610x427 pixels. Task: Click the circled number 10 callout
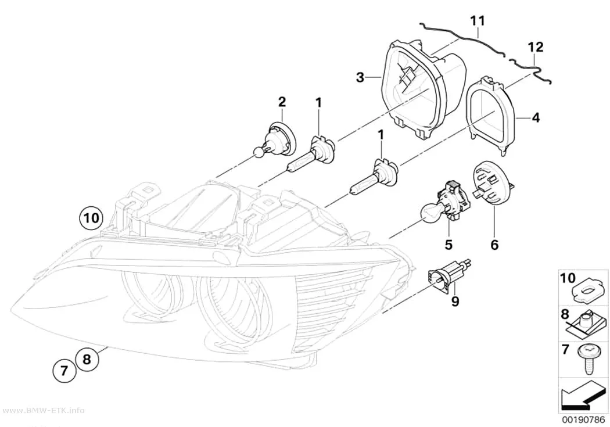(x=91, y=218)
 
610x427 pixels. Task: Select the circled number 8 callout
(x=87, y=359)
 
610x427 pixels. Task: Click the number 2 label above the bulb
(x=282, y=102)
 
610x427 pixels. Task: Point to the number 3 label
(x=360, y=77)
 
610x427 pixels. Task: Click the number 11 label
(x=478, y=20)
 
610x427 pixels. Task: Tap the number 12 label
(x=535, y=47)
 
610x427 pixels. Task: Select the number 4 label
(x=536, y=117)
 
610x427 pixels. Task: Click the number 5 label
(x=448, y=245)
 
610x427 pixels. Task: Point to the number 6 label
(x=494, y=245)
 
